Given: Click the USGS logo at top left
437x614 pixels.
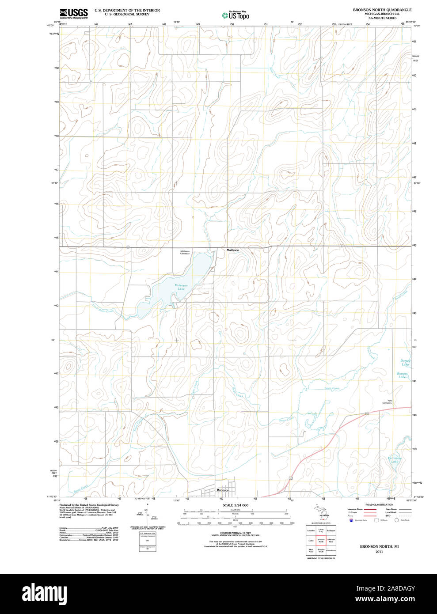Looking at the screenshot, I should click(x=74, y=13).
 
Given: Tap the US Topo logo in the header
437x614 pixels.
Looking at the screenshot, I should click(x=236, y=15).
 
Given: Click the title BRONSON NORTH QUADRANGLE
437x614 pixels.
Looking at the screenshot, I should click(x=382, y=10).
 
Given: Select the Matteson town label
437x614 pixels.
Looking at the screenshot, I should click(x=233, y=250).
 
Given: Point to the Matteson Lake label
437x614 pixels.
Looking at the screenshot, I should click(x=181, y=287).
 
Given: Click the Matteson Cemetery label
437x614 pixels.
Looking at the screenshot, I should click(x=185, y=252).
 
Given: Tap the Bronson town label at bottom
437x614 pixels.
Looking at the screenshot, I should click(x=223, y=490).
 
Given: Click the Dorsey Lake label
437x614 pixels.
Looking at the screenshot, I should click(x=405, y=363).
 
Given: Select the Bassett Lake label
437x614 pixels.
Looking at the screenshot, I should click(x=402, y=375).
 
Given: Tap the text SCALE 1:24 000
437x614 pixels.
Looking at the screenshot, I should click(x=236, y=505).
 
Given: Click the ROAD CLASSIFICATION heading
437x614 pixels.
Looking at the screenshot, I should click(x=379, y=504).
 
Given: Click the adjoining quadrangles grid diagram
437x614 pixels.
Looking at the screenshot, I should click(x=321, y=540).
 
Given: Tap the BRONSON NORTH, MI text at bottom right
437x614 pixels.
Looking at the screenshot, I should click(x=379, y=546).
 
